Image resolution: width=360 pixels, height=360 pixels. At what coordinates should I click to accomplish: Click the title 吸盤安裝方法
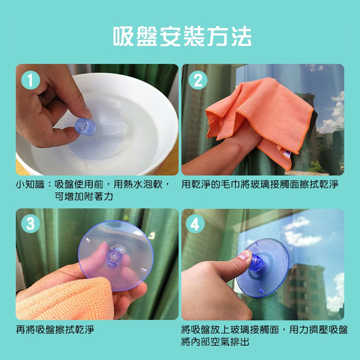[x=183, y=36]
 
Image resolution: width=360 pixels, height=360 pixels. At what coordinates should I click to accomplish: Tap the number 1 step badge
[x=31, y=80]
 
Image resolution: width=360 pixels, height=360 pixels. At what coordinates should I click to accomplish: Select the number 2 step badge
[x=198, y=80]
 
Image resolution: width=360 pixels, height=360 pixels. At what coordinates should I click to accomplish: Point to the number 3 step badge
[x=31, y=224]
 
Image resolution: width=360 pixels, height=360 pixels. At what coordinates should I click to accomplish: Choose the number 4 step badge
[x=195, y=224]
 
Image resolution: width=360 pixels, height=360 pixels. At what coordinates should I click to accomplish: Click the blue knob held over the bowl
[x=85, y=127]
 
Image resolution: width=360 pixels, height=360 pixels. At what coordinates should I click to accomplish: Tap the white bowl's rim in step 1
[x=129, y=79]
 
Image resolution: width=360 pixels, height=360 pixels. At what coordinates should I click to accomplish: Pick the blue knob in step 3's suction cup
[x=114, y=258]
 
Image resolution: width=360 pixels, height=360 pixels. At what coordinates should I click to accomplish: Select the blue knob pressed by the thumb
[x=256, y=262]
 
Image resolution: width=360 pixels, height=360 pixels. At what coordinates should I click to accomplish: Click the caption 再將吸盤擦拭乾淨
[x=55, y=330]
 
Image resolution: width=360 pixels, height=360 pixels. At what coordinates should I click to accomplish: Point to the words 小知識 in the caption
[x=30, y=184]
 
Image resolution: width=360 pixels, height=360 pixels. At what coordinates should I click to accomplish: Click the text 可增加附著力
[x=84, y=197]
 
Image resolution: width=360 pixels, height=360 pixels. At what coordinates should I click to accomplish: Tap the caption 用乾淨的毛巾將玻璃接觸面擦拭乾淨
[x=260, y=184]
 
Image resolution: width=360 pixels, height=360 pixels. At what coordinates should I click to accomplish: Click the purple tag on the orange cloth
[x=288, y=154]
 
